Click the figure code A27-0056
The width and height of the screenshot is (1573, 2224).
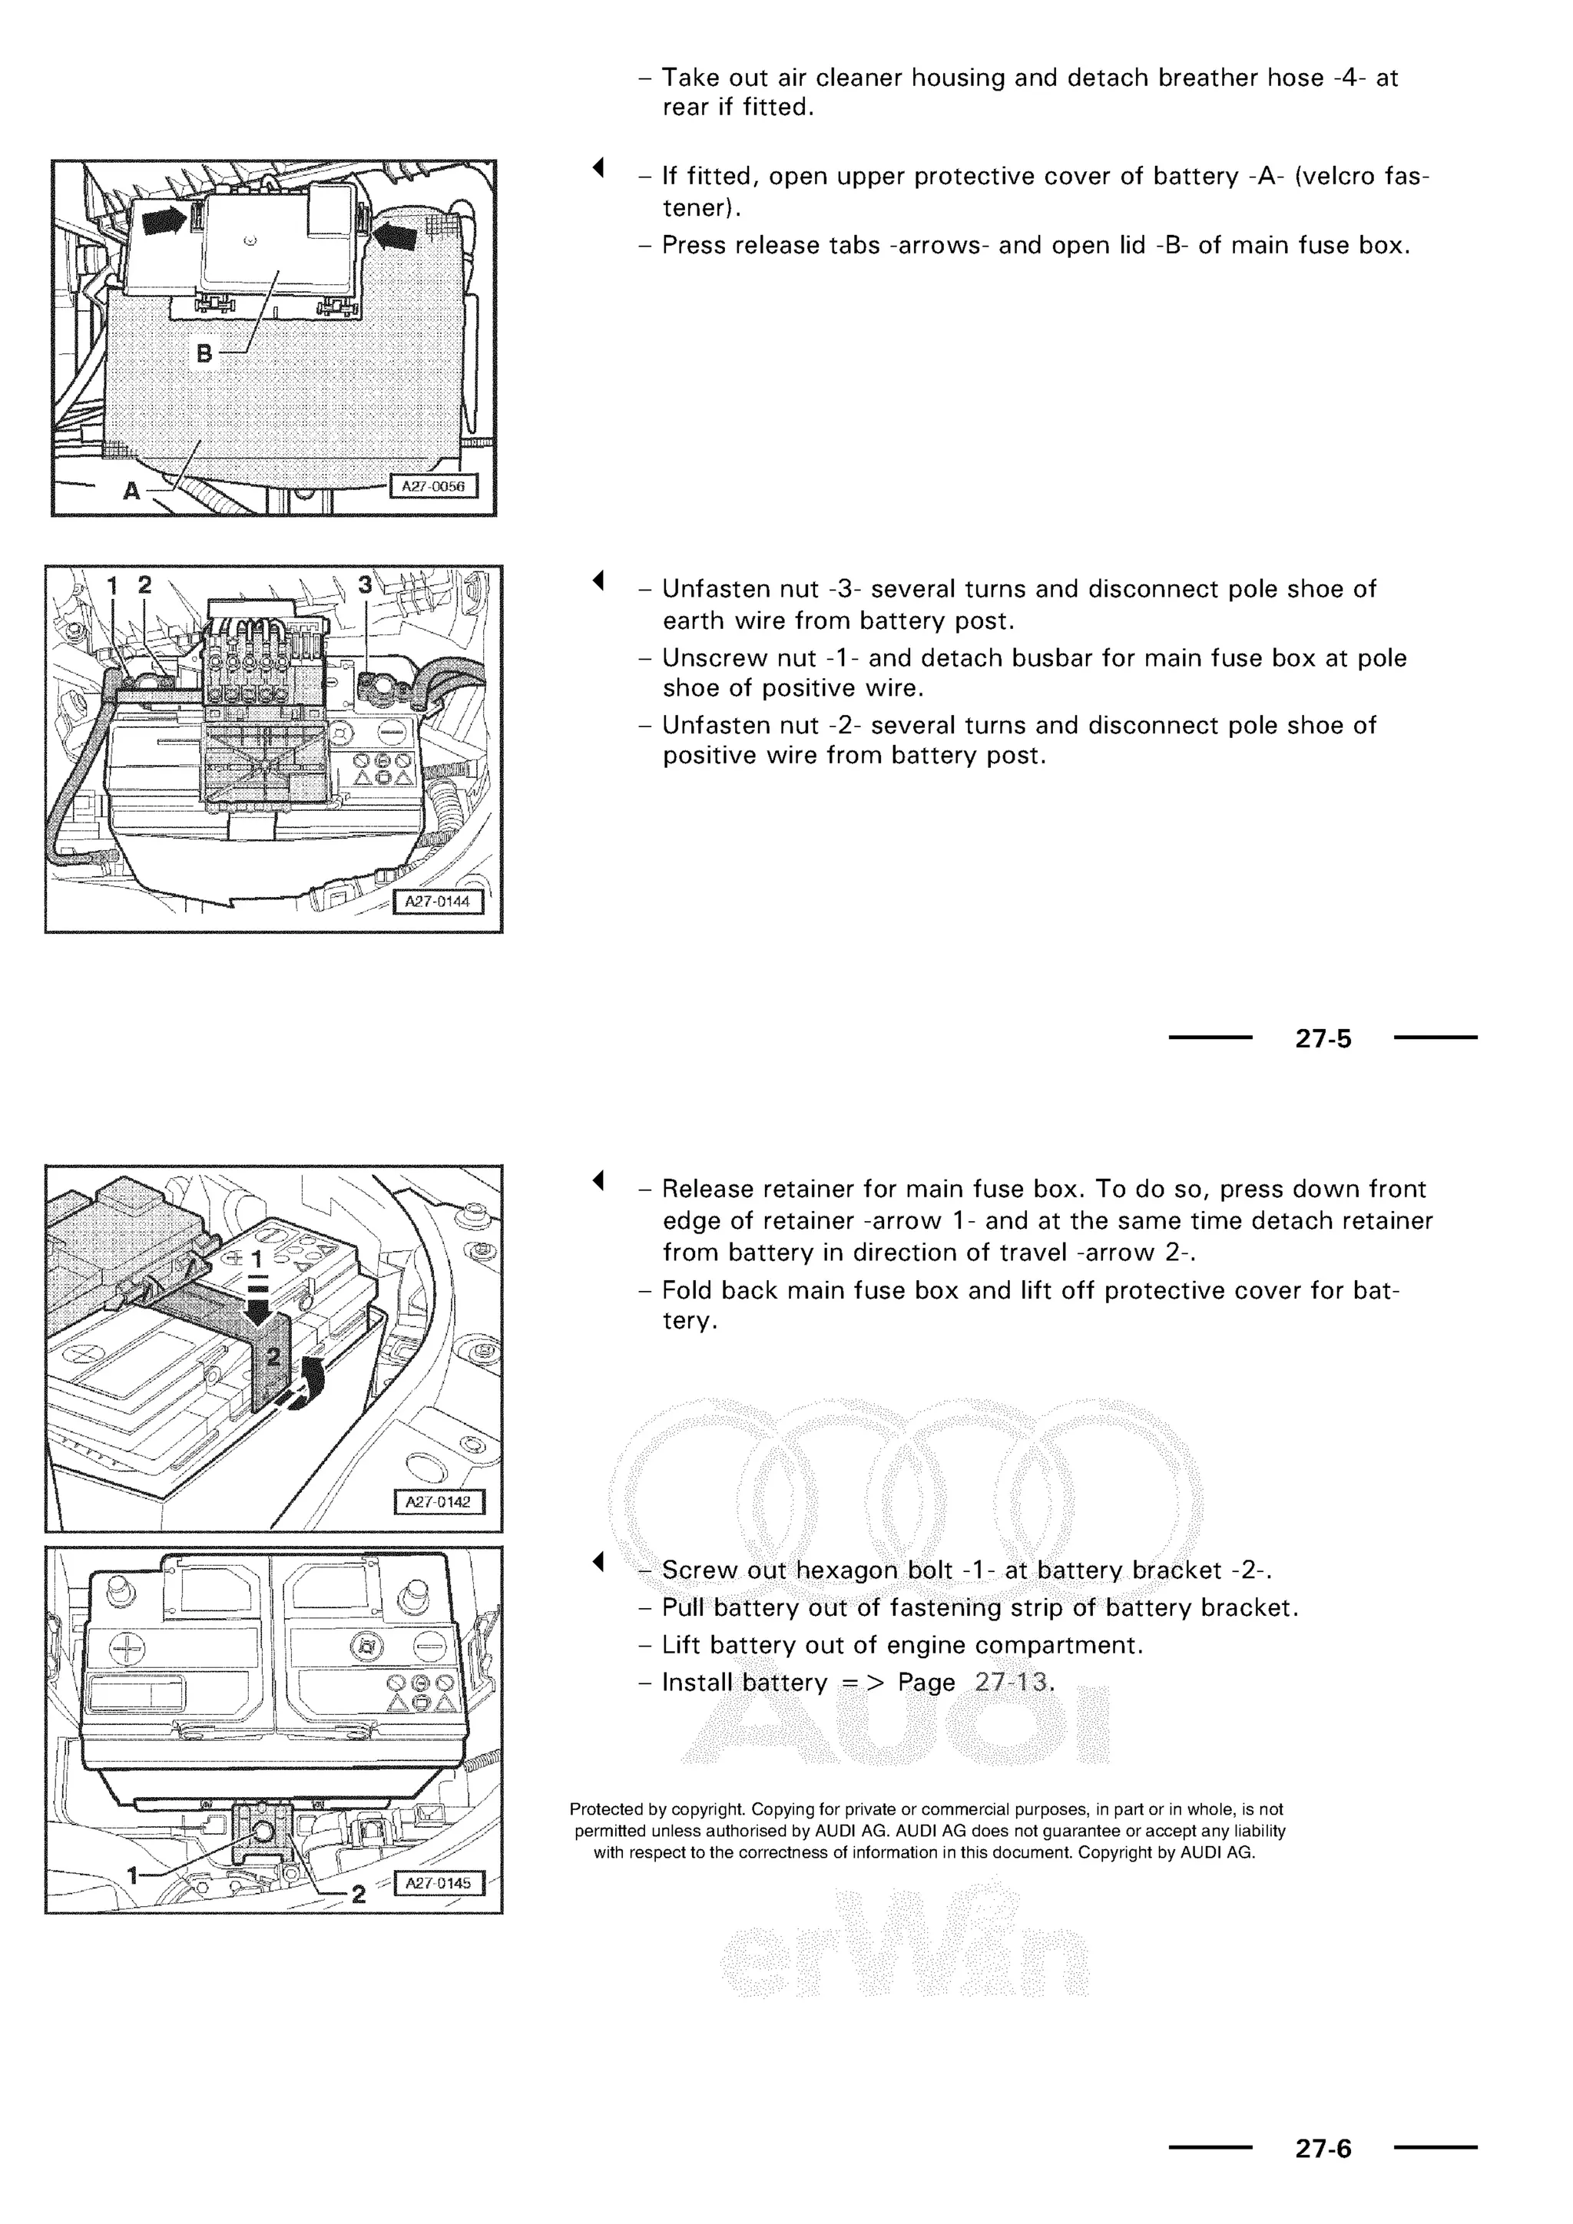tap(433, 486)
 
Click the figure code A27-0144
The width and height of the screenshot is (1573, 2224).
tap(437, 902)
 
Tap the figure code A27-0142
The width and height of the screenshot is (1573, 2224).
tap(438, 1501)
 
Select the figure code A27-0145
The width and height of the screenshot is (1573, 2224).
tap(438, 1883)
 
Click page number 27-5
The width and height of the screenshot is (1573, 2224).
tap(1323, 1038)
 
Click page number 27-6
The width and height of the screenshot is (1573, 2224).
tap(1323, 2149)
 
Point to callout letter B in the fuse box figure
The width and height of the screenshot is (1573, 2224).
tap(204, 353)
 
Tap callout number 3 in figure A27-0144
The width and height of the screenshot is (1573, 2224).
tap(364, 585)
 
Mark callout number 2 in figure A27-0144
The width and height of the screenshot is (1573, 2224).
tap(145, 585)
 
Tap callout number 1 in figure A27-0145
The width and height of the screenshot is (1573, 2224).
tap(133, 1875)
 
